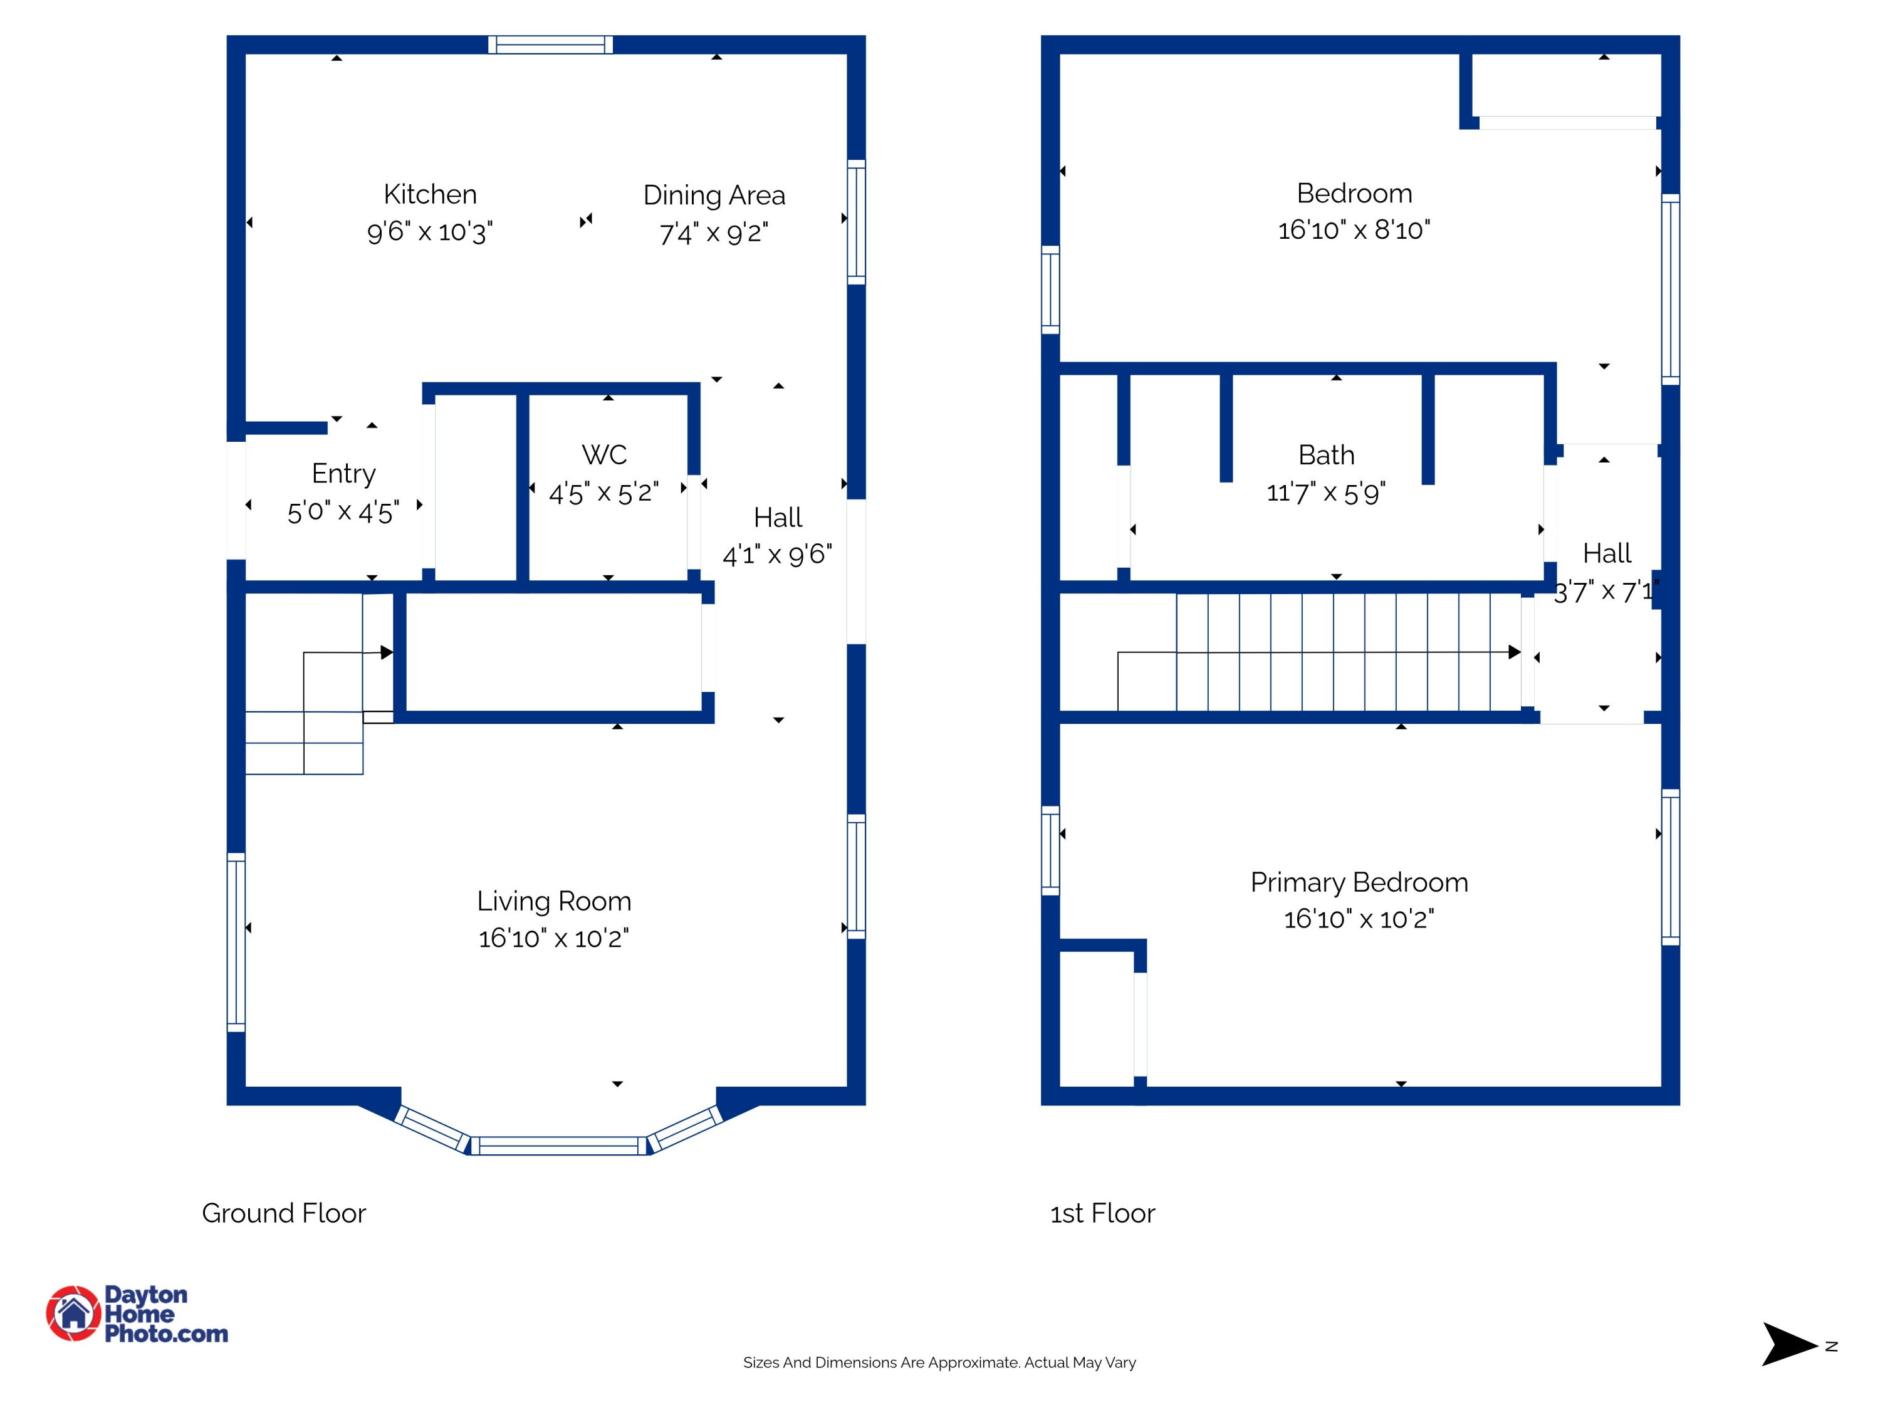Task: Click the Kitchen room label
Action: pyautogui.click(x=430, y=195)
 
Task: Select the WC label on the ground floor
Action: pyautogui.click(x=604, y=455)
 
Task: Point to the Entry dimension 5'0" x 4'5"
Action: pyautogui.click(x=343, y=511)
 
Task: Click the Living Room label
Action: pyautogui.click(x=554, y=901)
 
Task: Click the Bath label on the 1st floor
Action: pyautogui.click(x=1327, y=456)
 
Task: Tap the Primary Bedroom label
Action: pyautogui.click(x=1359, y=883)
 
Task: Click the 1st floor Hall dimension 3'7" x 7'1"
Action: pyautogui.click(x=1606, y=591)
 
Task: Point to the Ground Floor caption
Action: pyautogui.click(x=284, y=1213)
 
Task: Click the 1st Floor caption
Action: pyautogui.click(x=1102, y=1213)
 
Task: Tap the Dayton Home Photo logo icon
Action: pyautogui.click(x=74, y=1313)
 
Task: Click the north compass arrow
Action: pyautogui.click(x=1789, y=1345)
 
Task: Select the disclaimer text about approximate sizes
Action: pyautogui.click(x=939, y=1362)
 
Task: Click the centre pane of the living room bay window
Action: pyautogui.click(x=558, y=1146)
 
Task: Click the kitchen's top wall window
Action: pyautogui.click(x=551, y=44)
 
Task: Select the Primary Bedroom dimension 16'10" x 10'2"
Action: pyautogui.click(x=1359, y=919)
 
